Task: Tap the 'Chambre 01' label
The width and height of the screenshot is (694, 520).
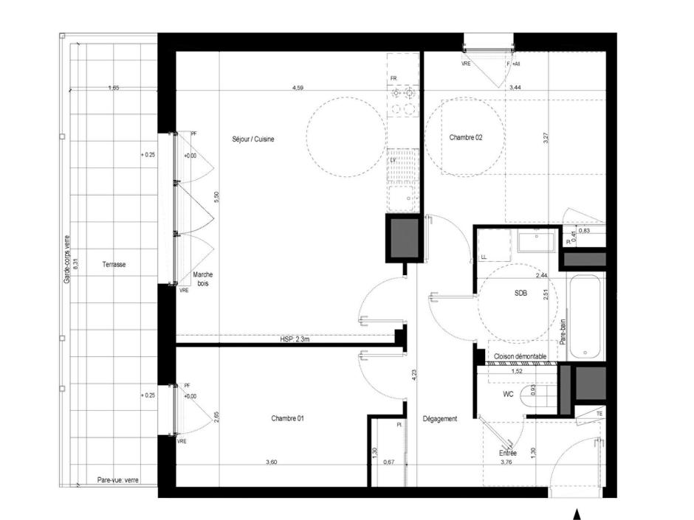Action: point(287,418)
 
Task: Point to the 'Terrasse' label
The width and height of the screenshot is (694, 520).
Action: point(114,264)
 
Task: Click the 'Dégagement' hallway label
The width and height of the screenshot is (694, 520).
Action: point(440,418)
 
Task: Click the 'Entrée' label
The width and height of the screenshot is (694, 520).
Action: point(508,453)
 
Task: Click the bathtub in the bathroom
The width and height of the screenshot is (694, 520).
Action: point(586,317)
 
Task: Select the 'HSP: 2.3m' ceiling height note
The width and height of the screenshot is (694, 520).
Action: point(295,339)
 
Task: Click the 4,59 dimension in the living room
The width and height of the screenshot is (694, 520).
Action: point(298,88)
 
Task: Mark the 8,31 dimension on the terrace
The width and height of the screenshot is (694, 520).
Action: point(75,264)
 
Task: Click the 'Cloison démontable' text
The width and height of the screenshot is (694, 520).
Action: point(520,356)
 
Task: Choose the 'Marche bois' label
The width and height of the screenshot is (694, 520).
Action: point(202,278)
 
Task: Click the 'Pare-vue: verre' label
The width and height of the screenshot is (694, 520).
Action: point(117,480)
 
